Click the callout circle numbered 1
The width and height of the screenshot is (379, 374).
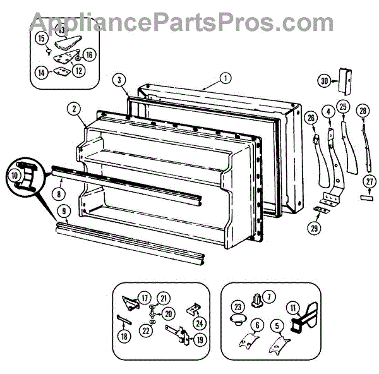224,80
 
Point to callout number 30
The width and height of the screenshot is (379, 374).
324,80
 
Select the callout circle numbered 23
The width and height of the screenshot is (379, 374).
238,308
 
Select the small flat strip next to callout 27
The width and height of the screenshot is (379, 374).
366,196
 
